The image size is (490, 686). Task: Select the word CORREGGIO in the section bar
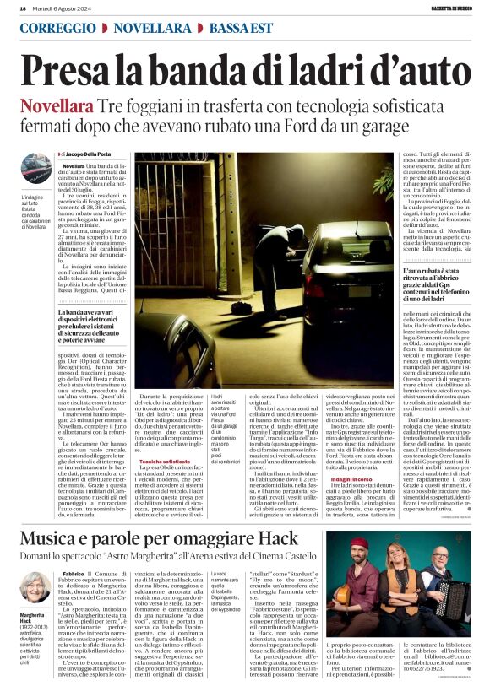(56, 28)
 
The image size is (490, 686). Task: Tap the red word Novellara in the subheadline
(57, 108)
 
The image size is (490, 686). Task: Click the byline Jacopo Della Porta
(88, 154)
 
